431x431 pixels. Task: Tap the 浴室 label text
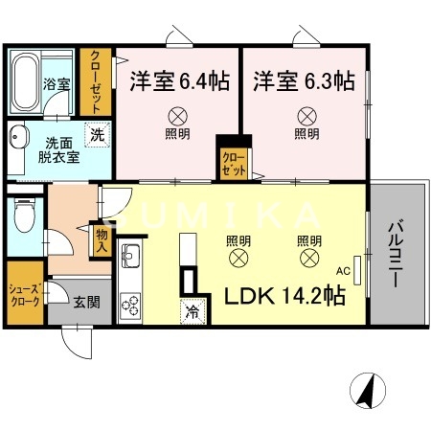click(x=57, y=83)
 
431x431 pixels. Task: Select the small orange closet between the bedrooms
click(x=233, y=159)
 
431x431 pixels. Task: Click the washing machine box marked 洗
click(x=95, y=136)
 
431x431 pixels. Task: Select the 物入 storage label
click(x=100, y=239)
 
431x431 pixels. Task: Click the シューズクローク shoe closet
click(x=23, y=295)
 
